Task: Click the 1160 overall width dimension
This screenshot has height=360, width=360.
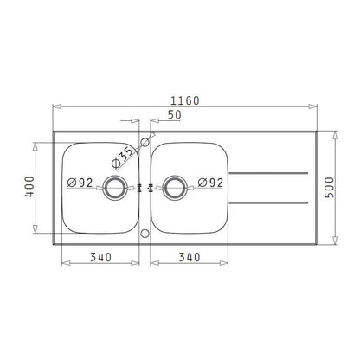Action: tap(185, 100)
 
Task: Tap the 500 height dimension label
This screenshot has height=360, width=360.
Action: tap(330, 187)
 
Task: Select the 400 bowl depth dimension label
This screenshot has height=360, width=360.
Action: tap(29, 187)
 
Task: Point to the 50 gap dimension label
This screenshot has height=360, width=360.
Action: tap(175, 115)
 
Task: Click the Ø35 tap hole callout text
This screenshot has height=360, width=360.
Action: tap(124, 157)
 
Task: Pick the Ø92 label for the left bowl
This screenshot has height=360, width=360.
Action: tap(80, 183)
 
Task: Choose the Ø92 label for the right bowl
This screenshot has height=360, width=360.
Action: tap(210, 183)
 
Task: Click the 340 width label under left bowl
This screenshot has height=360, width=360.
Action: tap(100, 257)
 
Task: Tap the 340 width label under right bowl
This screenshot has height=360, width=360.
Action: tap(190, 257)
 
